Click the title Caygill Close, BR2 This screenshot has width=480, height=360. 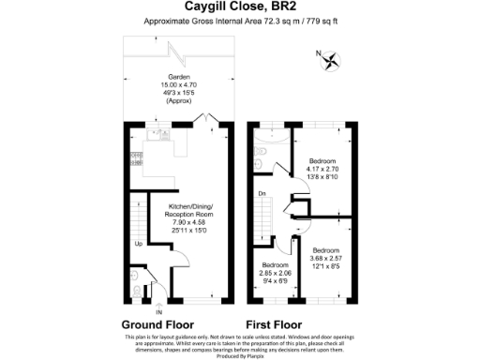(x=239, y=7)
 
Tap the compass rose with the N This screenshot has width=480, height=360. (x=330, y=62)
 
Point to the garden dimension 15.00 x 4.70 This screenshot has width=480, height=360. (x=178, y=86)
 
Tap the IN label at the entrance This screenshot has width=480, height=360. (x=158, y=311)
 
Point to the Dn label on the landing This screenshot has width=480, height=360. (x=262, y=194)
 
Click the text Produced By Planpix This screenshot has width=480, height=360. (x=240, y=354)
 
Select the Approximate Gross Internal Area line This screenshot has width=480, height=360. (x=239, y=22)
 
